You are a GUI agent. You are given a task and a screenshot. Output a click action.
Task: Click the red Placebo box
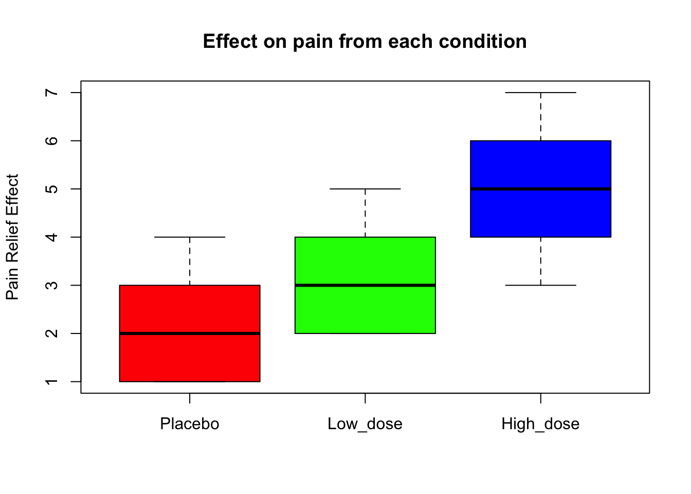tap(190, 309)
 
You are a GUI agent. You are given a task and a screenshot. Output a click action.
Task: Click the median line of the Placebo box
tap(190, 333)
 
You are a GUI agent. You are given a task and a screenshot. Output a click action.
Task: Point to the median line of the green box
tap(365, 285)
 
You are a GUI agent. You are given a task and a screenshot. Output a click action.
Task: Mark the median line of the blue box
tap(540, 189)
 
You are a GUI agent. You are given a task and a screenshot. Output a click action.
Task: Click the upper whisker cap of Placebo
tap(190, 237)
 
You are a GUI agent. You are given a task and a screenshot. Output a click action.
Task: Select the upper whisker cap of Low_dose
tap(365, 189)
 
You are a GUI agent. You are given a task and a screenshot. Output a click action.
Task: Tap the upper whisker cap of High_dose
tap(540, 93)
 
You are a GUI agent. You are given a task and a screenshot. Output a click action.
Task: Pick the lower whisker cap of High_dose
tap(540, 285)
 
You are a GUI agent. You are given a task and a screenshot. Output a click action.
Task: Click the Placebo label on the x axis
tap(190, 424)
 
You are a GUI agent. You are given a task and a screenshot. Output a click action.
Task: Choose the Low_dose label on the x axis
tap(365, 424)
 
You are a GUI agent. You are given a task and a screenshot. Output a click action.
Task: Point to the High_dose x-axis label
tap(540, 424)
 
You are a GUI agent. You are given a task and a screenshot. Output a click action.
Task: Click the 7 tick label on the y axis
tap(50, 93)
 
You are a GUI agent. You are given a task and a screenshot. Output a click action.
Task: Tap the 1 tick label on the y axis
tap(50, 382)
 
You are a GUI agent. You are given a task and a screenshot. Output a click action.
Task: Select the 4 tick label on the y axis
tap(50, 237)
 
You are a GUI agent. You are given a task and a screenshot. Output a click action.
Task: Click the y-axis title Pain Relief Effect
tap(12, 237)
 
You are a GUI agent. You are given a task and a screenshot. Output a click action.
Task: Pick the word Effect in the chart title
tap(231, 42)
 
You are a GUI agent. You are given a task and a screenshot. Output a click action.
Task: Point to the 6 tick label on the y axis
tap(50, 140)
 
